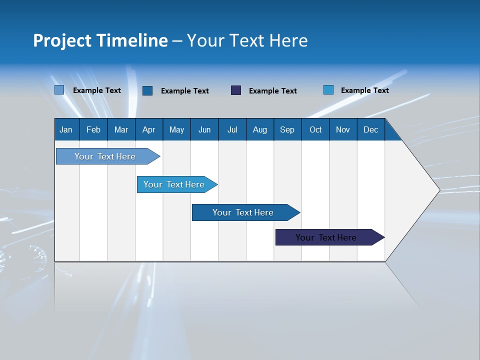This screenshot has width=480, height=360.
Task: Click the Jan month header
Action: coord(66,129)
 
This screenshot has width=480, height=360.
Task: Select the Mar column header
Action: coord(121,129)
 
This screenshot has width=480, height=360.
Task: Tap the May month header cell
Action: coord(176,129)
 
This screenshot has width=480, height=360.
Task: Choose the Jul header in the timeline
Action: coord(232,129)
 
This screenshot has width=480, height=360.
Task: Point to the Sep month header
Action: coord(287,129)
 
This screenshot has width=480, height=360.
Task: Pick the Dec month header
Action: coord(370,129)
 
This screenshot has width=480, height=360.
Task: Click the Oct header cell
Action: coord(315,129)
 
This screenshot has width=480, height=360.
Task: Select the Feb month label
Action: coord(93,129)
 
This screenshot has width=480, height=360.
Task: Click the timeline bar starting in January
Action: coord(105,156)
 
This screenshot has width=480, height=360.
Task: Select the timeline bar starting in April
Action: coord(174,184)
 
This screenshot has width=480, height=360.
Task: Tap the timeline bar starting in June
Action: coord(243,212)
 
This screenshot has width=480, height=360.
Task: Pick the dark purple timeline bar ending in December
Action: coord(326,237)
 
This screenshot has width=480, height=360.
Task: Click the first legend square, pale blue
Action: coord(59,90)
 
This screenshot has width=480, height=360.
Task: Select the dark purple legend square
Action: coord(236,90)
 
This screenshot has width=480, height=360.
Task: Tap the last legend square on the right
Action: coord(328,90)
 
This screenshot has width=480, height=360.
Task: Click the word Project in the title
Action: coord(63,40)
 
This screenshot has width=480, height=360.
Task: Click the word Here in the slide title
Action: coord(288,40)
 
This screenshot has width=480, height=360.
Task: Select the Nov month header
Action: coord(343,129)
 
